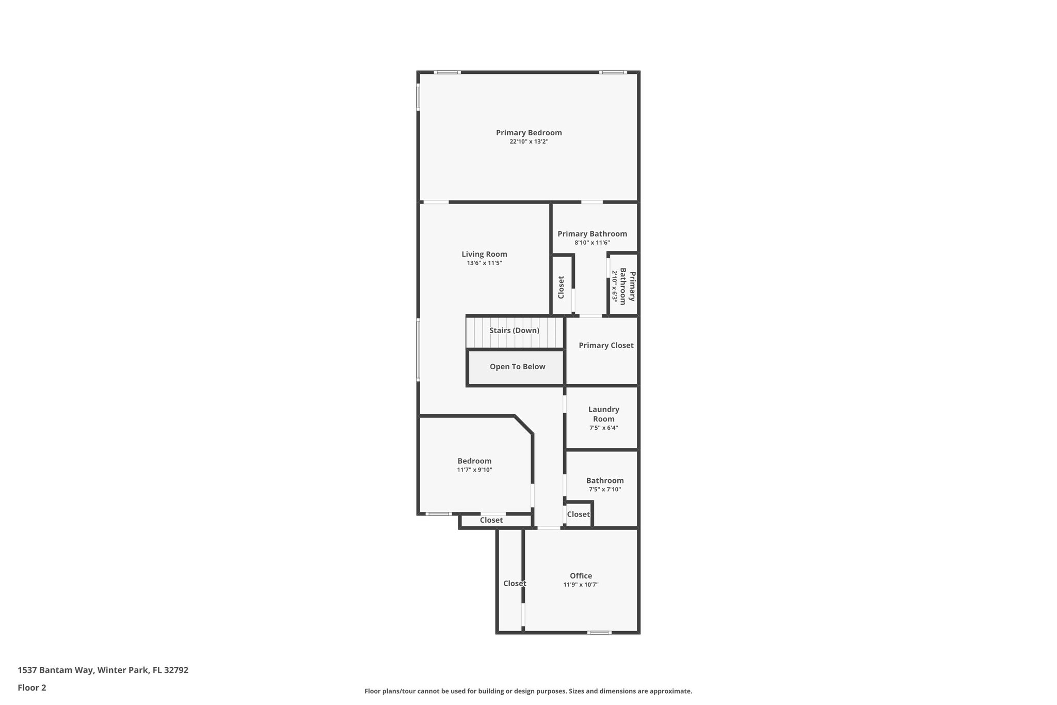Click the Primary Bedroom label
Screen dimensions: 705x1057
(528, 133)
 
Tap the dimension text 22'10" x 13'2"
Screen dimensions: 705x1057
(528, 142)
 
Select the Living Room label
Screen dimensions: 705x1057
(484, 254)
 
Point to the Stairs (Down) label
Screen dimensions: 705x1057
(514, 331)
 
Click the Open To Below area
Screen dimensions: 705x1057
(517, 367)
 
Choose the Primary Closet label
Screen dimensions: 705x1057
(606, 346)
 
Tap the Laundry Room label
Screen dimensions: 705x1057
(603, 414)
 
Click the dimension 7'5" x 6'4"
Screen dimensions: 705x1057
(603, 428)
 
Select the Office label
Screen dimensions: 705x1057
(581, 576)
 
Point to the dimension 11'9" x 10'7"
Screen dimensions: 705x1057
(581, 585)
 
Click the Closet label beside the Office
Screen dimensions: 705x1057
(514, 584)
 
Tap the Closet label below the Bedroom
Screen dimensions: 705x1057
(491, 520)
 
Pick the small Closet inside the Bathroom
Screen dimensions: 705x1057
(578, 514)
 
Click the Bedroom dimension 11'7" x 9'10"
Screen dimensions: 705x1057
(474, 470)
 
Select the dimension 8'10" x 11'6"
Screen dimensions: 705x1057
(592, 243)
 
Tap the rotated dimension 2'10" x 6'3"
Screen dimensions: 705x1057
(615, 286)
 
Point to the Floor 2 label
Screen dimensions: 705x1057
(32, 688)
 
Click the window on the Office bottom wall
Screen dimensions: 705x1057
(599, 632)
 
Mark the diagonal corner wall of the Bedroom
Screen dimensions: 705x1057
(523, 425)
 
